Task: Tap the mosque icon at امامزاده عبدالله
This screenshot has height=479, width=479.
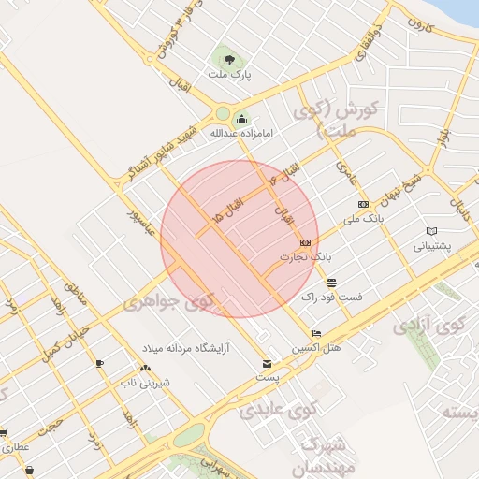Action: point(242,119)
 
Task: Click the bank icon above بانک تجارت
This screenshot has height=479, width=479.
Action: point(304,241)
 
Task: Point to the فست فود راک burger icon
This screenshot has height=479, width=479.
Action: point(331,282)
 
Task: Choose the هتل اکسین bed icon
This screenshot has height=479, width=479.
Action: point(316,334)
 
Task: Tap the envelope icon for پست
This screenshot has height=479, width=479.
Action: point(268,363)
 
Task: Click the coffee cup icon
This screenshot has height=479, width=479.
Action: point(100,363)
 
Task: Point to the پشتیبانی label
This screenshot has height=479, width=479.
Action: point(432,247)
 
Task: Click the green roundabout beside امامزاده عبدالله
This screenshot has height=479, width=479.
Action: point(223,115)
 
